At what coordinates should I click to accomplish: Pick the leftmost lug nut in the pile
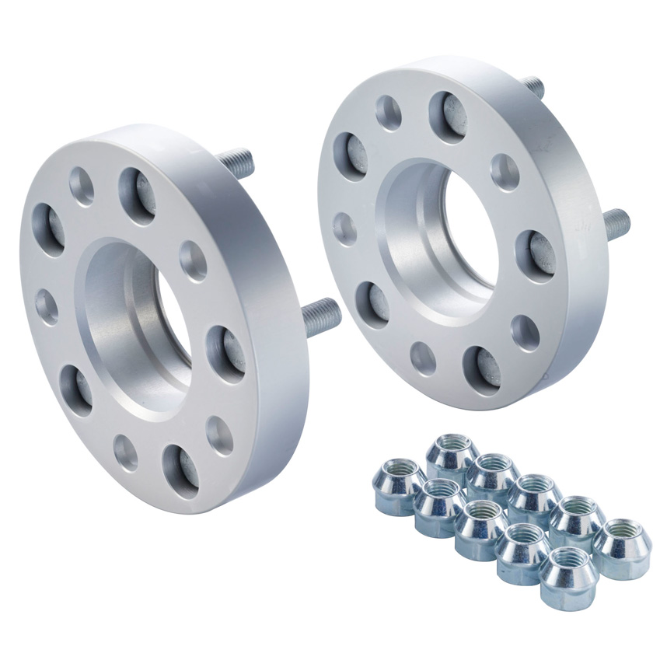[399, 487]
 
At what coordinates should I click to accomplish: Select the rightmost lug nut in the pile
[622, 549]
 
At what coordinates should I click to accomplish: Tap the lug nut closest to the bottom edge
[567, 579]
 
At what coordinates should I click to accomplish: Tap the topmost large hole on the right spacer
[447, 116]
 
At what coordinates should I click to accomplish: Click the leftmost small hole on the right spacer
[345, 229]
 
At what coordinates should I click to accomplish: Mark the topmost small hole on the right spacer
[389, 113]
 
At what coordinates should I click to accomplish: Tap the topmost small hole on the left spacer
[82, 187]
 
